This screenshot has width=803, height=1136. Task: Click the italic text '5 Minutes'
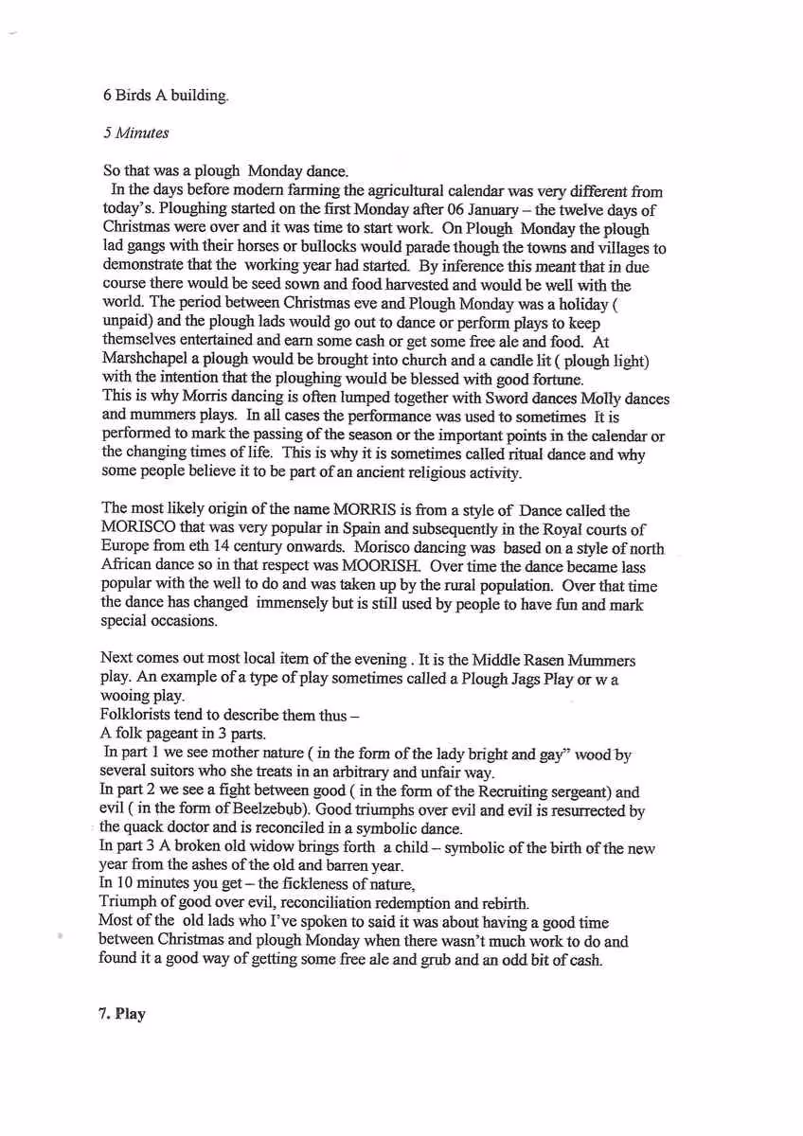click(x=135, y=133)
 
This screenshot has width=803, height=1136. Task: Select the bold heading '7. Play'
click(x=122, y=1014)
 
